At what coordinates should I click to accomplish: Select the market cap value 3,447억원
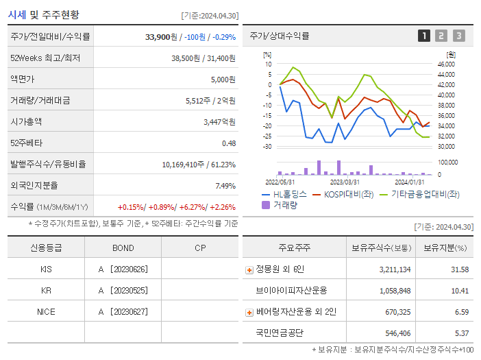click(x=219, y=121)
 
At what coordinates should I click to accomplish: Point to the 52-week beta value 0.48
click(x=228, y=143)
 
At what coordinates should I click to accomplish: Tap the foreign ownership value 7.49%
click(x=225, y=185)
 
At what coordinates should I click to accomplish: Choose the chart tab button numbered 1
click(x=424, y=36)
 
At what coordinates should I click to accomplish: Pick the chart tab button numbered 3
click(x=458, y=36)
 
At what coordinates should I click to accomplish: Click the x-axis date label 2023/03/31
click(x=345, y=182)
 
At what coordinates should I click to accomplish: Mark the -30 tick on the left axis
click(x=268, y=147)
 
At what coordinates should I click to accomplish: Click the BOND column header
click(x=123, y=248)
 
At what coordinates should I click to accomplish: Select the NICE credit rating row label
click(x=46, y=311)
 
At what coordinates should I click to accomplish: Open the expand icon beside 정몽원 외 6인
click(x=249, y=269)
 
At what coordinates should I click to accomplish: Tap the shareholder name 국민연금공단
click(x=279, y=333)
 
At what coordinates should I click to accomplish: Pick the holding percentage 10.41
click(x=458, y=291)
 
